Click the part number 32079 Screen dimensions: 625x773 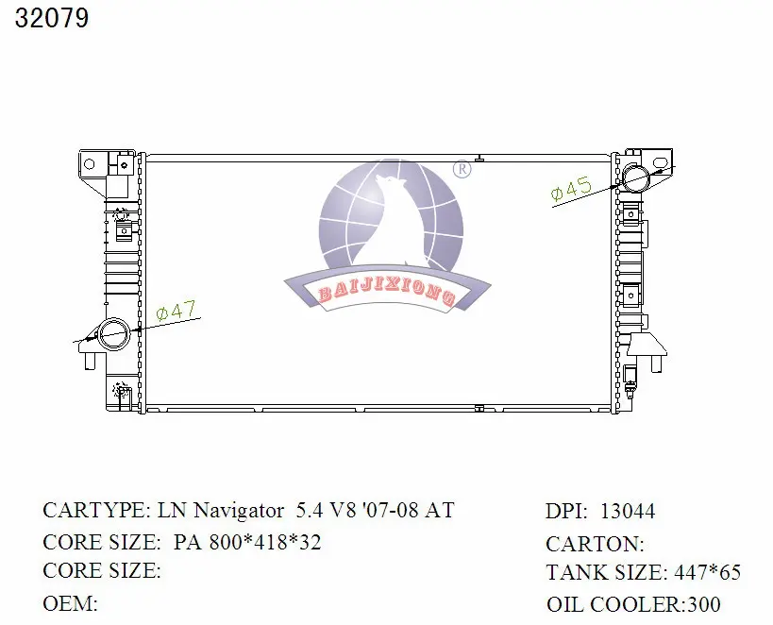52,19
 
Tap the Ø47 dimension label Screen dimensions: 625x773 176,311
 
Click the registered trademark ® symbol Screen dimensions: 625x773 462,170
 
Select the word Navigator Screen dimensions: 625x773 239,511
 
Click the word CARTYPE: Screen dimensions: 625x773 95,511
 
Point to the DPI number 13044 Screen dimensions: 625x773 627,512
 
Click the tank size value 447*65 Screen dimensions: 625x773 707,572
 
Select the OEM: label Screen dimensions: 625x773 71,603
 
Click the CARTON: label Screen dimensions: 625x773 595,544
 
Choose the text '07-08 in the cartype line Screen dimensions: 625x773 387,511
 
